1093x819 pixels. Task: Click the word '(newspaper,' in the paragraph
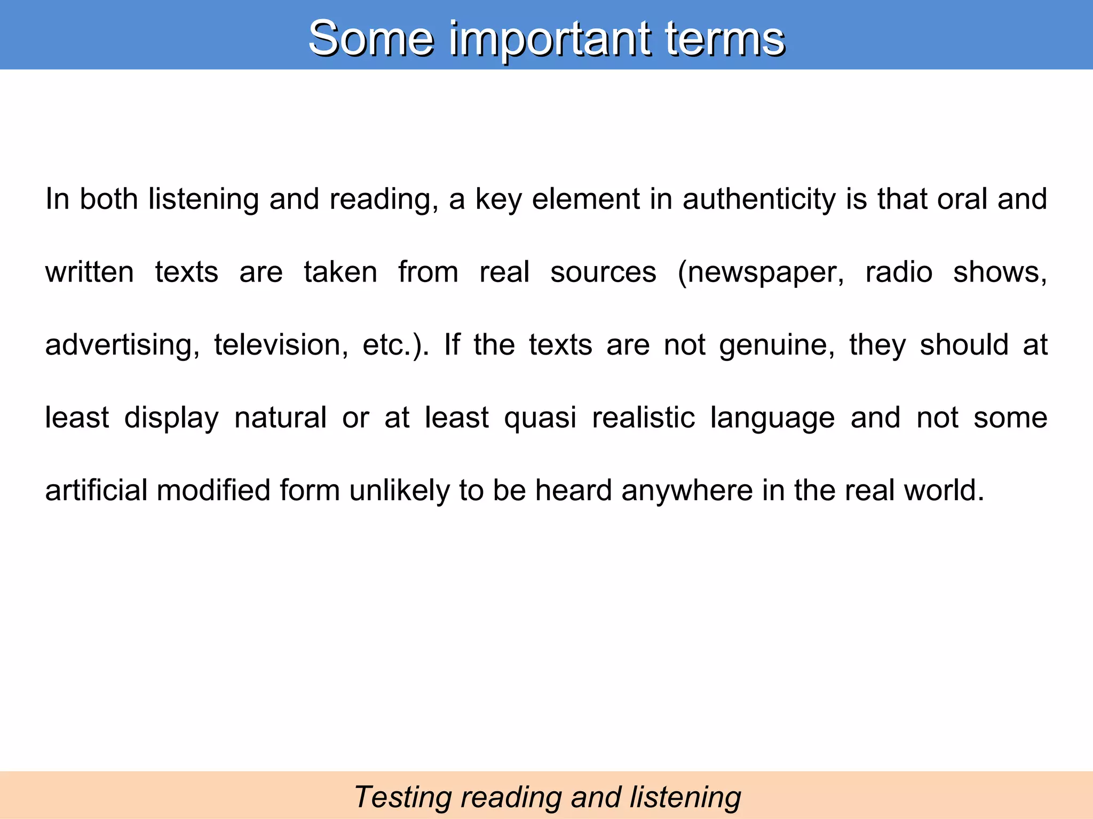click(x=761, y=272)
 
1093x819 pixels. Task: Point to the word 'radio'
click(x=899, y=272)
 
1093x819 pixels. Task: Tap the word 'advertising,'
click(x=122, y=345)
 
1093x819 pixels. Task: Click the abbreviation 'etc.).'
click(x=395, y=345)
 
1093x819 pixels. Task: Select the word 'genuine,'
click(x=777, y=345)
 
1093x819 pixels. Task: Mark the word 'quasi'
click(x=540, y=417)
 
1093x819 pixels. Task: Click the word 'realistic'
click(x=643, y=417)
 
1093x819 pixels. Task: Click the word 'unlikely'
click(x=399, y=490)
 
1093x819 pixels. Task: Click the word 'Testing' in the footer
click(x=402, y=798)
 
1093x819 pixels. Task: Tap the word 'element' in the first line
click(x=586, y=199)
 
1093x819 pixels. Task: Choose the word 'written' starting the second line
click(x=89, y=272)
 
